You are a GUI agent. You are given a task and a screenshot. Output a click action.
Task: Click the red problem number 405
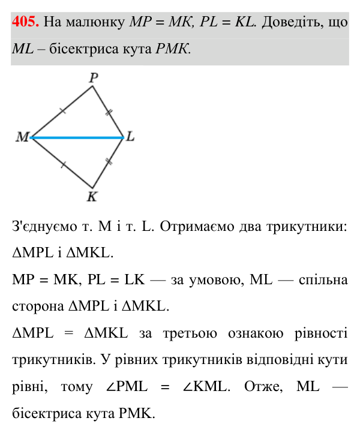tap(25, 22)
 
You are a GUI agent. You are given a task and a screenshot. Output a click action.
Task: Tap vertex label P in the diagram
tap(94, 78)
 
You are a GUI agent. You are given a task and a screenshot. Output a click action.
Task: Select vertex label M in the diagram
tap(22, 137)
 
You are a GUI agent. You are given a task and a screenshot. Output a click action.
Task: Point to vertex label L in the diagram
tap(130, 136)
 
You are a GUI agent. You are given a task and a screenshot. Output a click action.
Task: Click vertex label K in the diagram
tap(92, 197)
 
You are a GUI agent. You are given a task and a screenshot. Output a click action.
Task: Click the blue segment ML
tap(77, 137)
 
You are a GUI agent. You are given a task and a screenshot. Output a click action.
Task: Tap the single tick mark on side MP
tap(63, 111)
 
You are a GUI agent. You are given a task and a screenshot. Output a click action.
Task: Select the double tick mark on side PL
tap(109, 112)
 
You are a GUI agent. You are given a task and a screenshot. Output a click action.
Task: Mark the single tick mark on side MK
tap(63, 164)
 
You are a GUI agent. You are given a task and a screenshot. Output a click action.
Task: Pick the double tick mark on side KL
tap(109, 162)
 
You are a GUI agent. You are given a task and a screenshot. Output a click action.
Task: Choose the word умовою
tap(217, 280)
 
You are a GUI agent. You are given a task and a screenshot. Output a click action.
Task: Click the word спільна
tap(323, 280)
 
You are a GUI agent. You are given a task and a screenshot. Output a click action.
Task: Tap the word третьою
tap(190, 333)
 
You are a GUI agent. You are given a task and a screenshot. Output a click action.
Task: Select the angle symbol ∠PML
tap(127, 386)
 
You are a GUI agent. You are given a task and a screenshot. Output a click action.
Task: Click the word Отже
tap(263, 387)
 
